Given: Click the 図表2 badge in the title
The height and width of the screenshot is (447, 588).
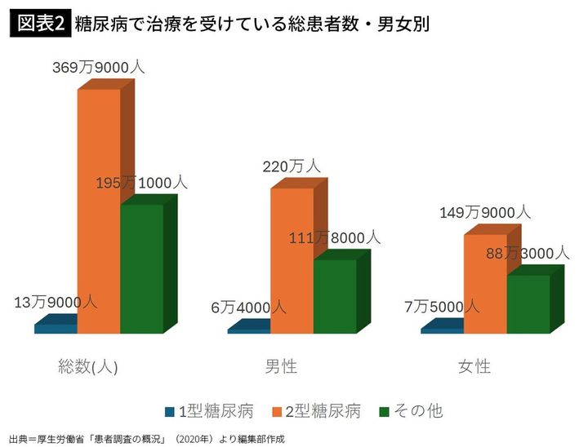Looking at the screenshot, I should (x=38, y=24).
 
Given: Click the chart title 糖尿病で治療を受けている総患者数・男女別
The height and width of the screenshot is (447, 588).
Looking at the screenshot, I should (x=251, y=24).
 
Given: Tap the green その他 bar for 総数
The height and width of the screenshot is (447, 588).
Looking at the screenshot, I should (x=141, y=268).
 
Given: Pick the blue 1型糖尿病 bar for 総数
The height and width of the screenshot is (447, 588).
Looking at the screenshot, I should (x=56, y=329).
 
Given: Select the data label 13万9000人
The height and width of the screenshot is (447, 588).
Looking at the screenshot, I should (x=56, y=302).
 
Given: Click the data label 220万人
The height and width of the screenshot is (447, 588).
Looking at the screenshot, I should (x=292, y=166).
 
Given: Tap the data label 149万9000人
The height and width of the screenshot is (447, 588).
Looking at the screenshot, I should (x=485, y=212).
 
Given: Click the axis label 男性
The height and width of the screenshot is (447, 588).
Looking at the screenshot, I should (x=281, y=366).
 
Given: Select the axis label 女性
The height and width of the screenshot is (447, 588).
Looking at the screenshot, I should (x=474, y=366).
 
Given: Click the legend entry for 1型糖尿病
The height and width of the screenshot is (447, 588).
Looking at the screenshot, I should (x=210, y=411).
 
